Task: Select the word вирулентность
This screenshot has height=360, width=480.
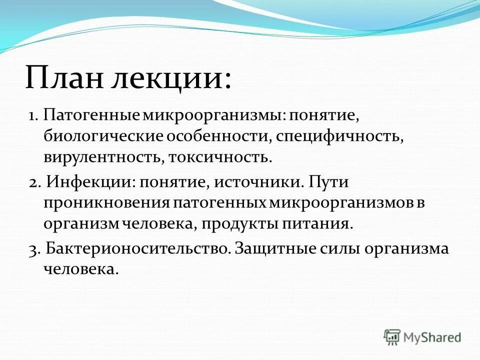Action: pyautogui.click(x=101, y=158)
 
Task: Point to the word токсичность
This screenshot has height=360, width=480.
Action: pyautogui.click(x=220, y=158)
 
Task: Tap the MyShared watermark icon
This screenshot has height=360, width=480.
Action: pyautogui.click(x=392, y=337)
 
